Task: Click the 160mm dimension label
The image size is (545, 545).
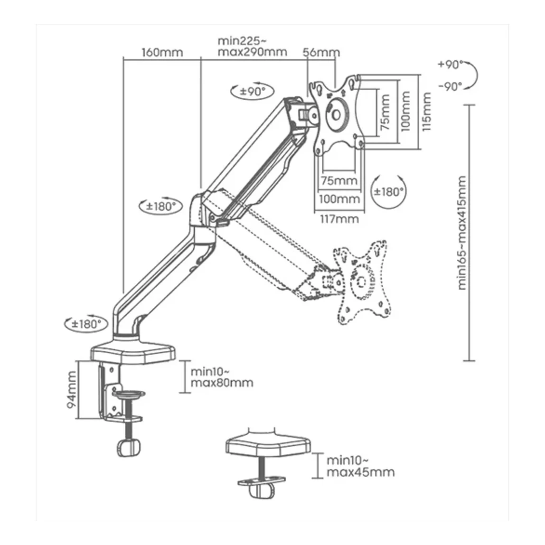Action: point(162,53)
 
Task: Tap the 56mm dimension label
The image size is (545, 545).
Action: point(321,53)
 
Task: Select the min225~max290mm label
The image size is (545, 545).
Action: point(253,46)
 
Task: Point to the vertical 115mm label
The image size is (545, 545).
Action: point(426,112)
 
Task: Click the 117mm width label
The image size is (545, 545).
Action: point(339,219)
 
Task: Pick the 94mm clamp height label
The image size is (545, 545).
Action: point(71,390)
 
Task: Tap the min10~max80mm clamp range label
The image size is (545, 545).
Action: point(222,377)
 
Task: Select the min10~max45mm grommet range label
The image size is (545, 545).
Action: point(360,467)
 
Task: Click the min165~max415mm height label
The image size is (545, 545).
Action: point(461,233)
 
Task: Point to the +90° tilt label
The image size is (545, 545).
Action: point(451,64)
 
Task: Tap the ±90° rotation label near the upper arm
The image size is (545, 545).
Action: point(253,92)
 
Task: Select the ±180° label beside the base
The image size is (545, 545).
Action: point(86,324)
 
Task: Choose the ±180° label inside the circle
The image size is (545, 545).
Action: point(389,191)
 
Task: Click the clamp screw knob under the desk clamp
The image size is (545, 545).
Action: point(129,447)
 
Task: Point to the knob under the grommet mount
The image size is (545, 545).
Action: point(261,490)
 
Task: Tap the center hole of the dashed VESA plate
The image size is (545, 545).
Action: point(361,281)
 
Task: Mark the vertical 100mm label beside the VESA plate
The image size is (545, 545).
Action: point(405,111)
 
